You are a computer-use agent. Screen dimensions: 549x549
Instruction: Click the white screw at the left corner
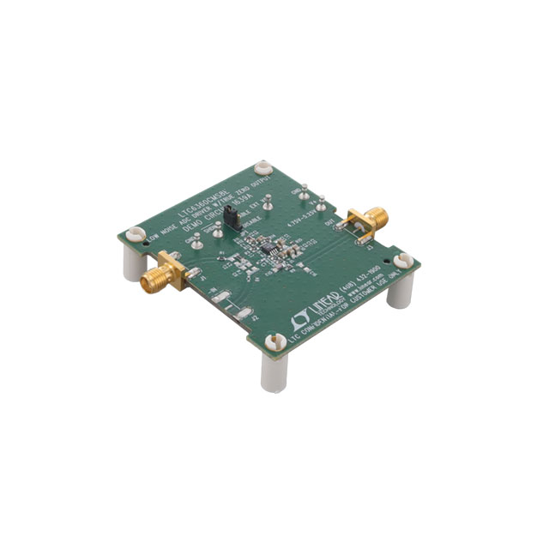pyautogui.click(x=135, y=233)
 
